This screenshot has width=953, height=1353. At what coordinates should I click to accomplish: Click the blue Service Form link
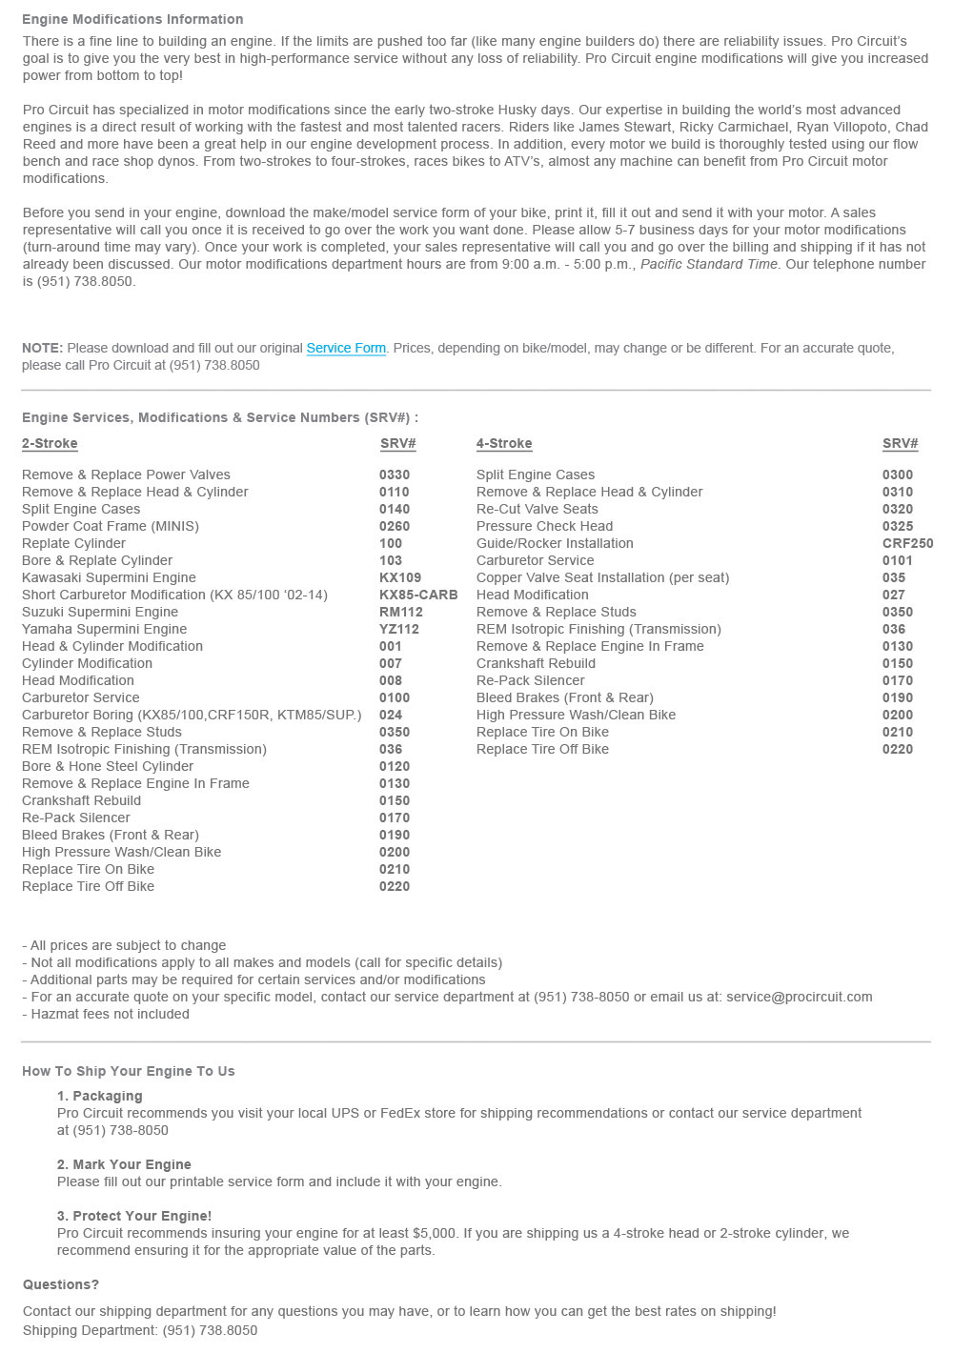tap(346, 348)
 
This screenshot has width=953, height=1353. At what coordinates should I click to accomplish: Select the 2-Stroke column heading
tap(50, 443)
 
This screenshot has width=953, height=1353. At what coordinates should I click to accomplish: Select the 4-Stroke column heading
tap(504, 443)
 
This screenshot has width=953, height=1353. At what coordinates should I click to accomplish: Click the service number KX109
tap(400, 577)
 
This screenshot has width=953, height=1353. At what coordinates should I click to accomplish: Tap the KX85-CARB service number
tap(418, 595)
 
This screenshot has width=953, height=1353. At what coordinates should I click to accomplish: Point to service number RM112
tap(400, 612)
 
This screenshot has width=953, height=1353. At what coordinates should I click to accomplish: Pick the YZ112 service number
tap(399, 629)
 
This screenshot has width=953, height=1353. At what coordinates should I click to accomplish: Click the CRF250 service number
tap(907, 543)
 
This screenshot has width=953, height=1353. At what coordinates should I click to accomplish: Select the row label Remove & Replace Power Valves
tap(126, 475)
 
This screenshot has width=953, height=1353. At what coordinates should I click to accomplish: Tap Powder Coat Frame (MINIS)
tap(111, 526)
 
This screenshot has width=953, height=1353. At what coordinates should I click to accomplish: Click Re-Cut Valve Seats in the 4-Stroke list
tap(537, 509)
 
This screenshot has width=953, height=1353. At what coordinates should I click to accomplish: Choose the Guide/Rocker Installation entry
tap(555, 543)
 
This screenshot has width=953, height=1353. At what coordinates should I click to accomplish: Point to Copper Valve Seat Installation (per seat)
tap(602, 577)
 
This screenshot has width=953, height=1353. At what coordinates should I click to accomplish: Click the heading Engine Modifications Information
tap(132, 19)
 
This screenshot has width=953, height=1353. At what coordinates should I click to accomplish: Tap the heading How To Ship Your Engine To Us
tap(128, 1071)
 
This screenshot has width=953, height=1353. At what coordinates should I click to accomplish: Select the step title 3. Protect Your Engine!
tap(134, 1216)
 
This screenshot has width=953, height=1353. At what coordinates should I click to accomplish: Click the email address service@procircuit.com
tap(799, 997)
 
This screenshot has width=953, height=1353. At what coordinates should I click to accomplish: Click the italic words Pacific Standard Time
tap(709, 264)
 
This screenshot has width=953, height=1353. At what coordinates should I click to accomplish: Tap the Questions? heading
tap(61, 1284)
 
